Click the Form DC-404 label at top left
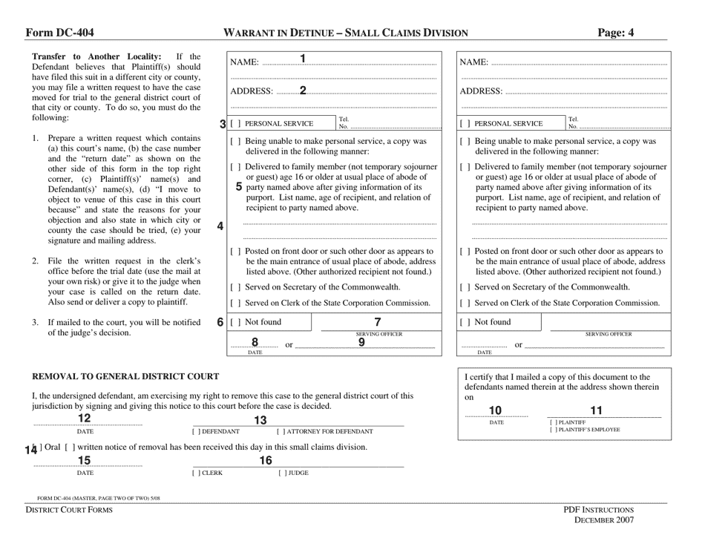(x=59, y=33)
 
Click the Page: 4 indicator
(x=615, y=33)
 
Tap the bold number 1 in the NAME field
(x=303, y=59)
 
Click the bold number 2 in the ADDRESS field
(x=303, y=91)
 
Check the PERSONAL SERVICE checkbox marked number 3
(x=235, y=124)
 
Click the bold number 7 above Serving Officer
(x=378, y=321)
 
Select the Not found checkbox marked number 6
(x=235, y=322)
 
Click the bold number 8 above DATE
(x=255, y=342)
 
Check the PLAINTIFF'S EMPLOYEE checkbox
(x=553, y=430)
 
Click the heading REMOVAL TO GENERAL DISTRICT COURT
(x=125, y=377)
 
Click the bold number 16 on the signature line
(x=265, y=460)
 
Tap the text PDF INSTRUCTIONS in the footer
(x=598, y=510)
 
